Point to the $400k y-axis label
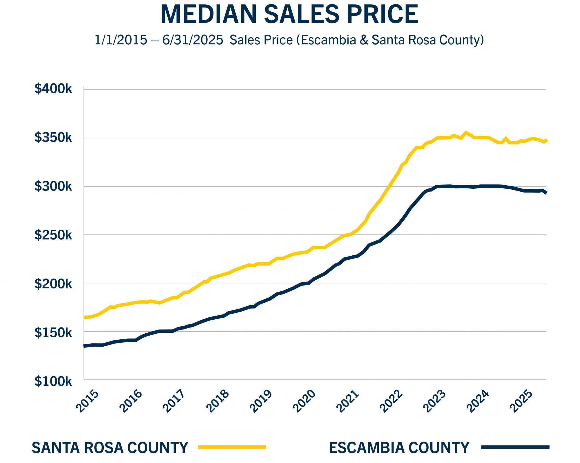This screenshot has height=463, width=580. [53, 89]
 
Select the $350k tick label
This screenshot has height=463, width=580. [53, 138]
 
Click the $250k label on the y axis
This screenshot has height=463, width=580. [53, 235]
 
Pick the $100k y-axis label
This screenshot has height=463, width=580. [53, 382]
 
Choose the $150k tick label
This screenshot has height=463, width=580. [53, 333]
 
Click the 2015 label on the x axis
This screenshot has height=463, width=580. [87, 401]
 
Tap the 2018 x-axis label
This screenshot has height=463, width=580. [217, 401]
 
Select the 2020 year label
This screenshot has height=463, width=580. [304, 401]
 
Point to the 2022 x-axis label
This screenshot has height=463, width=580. [391, 401]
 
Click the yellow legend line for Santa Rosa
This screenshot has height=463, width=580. [232, 447]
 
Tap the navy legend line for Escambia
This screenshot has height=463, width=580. [515, 447]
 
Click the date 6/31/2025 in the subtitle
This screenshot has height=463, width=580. [193, 40]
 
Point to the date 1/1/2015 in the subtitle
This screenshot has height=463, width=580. [121, 40]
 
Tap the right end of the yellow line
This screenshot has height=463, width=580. [546, 140]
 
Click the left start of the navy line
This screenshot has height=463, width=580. [84, 346]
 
